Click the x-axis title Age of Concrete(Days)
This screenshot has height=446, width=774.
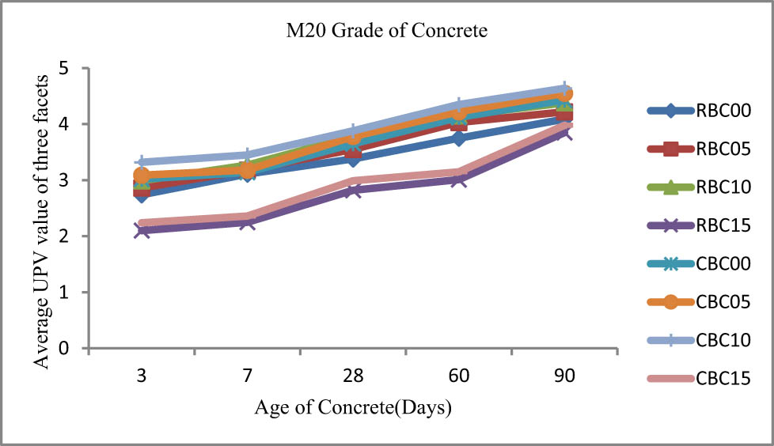353,408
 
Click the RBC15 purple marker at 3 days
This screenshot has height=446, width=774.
142,230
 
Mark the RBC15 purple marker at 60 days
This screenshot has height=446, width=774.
459,180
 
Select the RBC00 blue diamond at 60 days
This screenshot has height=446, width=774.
459,138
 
